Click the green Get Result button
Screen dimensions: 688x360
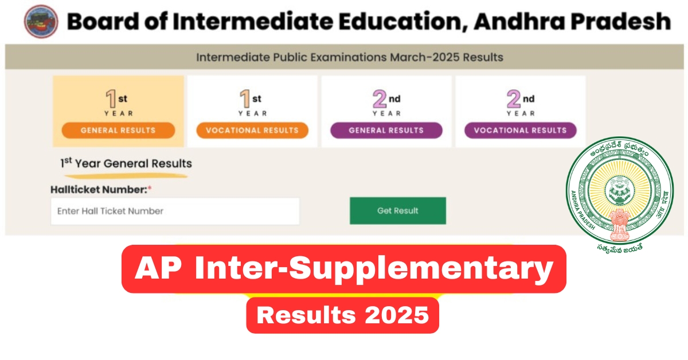pos(398,211)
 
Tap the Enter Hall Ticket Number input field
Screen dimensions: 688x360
pos(175,211)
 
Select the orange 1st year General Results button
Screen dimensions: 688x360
pos(118,130)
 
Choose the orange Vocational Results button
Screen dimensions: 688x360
pos(252,130)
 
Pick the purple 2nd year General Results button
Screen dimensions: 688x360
pos(386,130)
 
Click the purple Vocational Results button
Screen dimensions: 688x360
pos(521,130)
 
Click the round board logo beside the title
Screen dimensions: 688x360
pos(41,22)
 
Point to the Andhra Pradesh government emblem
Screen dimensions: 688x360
pos(620,194)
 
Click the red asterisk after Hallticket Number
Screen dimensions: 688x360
pos(150,188)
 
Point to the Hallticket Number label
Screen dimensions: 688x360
pos(99,190)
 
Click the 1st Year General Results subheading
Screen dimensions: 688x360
pos(126,163)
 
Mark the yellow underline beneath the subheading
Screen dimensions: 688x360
pos(126,176)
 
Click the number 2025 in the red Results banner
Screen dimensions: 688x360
pos(397,315)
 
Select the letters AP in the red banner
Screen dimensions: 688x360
pos(158,268)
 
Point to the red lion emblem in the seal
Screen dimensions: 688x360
pos(620,225)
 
